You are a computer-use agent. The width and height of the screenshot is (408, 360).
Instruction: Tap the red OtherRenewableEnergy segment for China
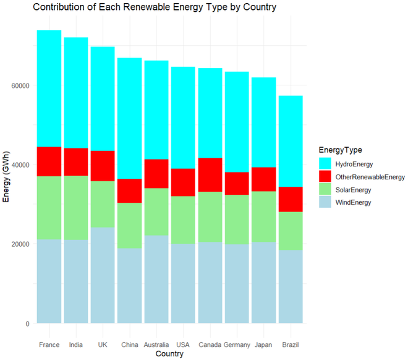coord(130,191)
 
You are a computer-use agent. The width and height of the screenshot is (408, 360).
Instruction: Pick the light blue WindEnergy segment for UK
coord(103,275)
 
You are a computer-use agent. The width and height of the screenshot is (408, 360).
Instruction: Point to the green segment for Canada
coord(210,217)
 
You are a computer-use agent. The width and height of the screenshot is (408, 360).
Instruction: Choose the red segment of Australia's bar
coord(156,174)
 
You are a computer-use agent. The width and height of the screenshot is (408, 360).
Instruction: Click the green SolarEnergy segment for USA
coord(183,220)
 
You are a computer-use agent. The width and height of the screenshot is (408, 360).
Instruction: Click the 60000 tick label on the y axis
coord(19,85)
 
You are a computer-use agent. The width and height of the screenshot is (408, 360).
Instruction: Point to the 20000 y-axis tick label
coord(19,244)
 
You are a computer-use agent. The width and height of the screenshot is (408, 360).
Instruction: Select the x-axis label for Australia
coord(156,345)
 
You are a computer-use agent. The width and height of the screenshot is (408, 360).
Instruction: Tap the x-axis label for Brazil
coord(291,345)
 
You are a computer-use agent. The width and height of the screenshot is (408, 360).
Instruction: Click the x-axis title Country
coord(169,354)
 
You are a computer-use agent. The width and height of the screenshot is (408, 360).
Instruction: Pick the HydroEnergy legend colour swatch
coord(325,164)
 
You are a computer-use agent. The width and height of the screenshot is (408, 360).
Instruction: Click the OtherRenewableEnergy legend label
coord(370,177)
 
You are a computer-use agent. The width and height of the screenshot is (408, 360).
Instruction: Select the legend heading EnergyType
coord(340,150)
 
